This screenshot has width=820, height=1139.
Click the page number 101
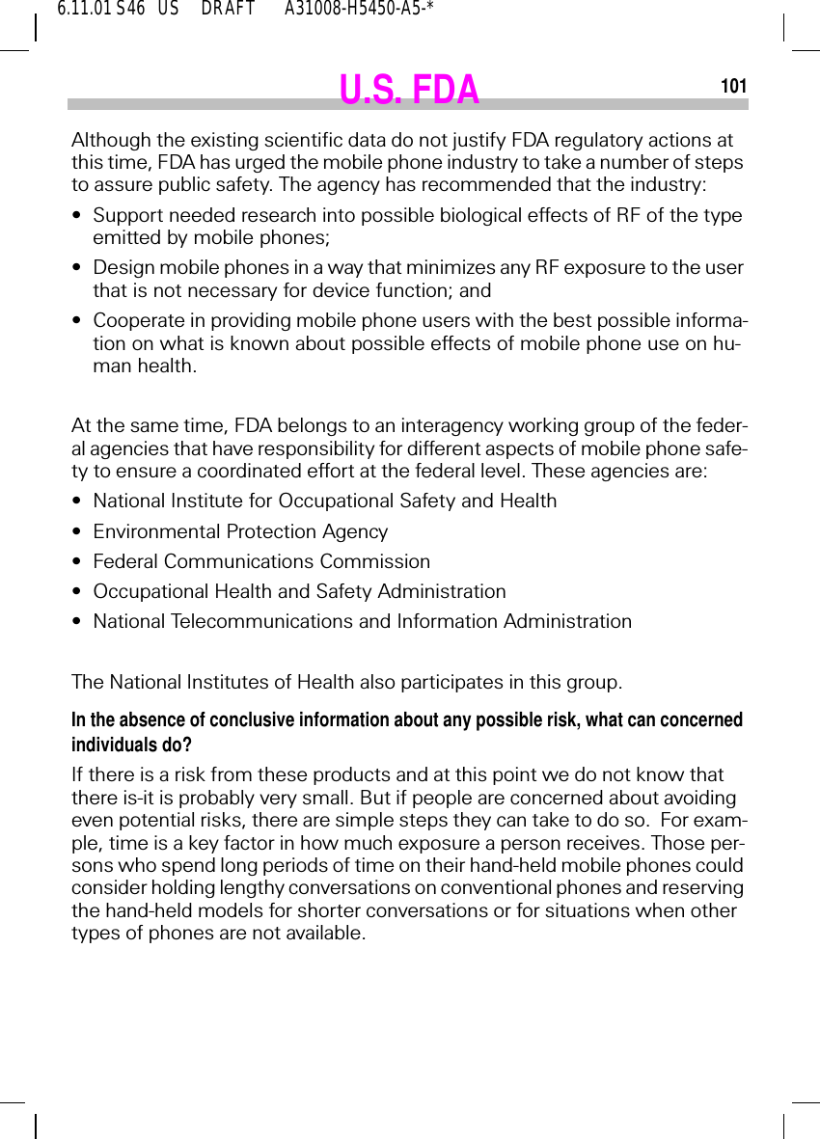pos(733,87)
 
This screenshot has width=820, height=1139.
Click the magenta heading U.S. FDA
pos(409,90)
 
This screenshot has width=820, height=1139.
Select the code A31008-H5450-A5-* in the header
pos(359,10)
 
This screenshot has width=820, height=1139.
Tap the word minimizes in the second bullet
pos(427,267)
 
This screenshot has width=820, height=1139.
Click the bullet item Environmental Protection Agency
pos(240,531)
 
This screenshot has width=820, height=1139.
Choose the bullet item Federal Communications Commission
pos(261,561)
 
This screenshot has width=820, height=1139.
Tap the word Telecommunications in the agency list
pos(261,621)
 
